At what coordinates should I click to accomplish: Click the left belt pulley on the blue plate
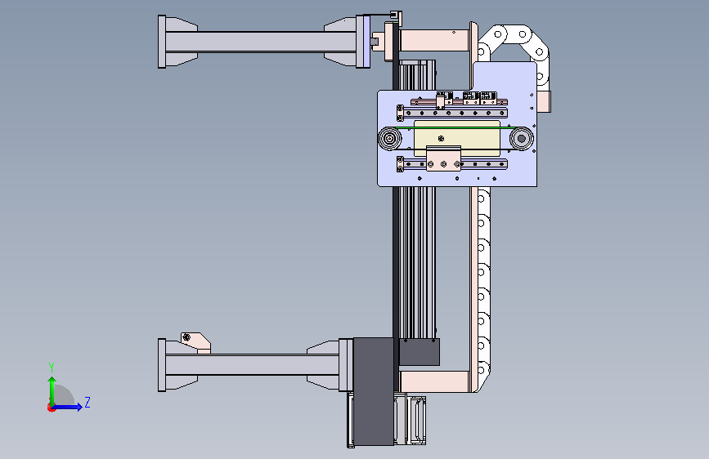[x=389, y=138]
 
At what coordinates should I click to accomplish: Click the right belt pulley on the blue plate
[x=522, y=138]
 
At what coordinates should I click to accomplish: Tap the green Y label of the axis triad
[x=52, y=368]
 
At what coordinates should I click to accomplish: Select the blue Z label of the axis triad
[x=88, y=403]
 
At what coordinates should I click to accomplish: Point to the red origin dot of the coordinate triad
[x=51, y=408]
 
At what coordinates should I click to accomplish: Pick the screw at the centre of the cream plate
[x=442, y=138]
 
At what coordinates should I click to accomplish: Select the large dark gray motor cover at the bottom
[x=374, y=391]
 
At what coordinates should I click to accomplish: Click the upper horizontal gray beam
[x=260, y=42]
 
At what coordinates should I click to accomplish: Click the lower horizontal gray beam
[x=253, y=364]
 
